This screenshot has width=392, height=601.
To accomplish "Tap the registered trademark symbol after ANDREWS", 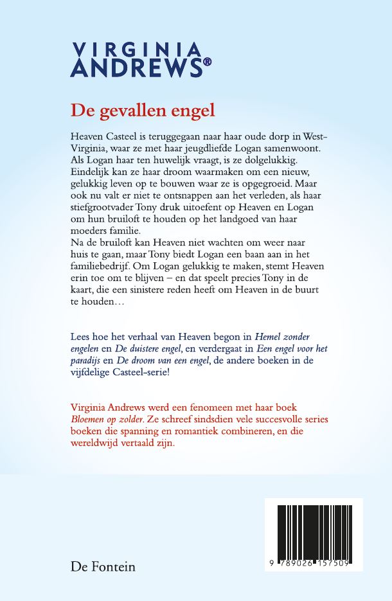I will click(x=207, y=63).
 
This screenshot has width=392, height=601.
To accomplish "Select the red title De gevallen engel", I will click(x=143, y=110).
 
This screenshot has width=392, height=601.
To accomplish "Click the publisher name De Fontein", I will click(x=103, y=567).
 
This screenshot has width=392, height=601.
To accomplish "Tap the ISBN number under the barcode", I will click(x=314, y=562).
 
